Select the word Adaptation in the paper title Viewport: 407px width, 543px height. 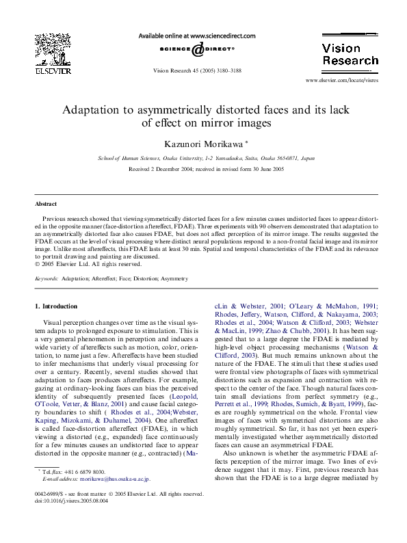(x=94, y=109)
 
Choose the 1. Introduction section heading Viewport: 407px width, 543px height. (x=56, y=306)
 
